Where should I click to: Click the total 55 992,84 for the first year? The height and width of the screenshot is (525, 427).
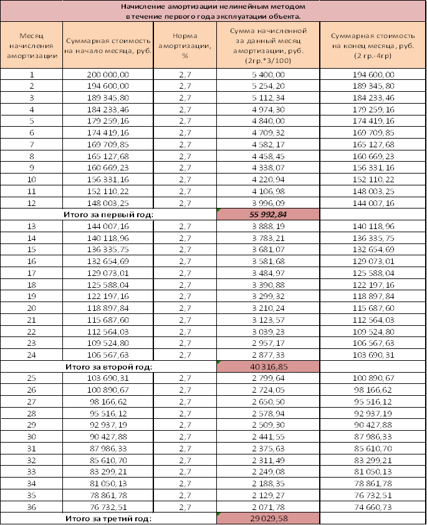click(x=268, y=213)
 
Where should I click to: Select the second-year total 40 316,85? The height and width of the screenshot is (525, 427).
click(x=268, y=366)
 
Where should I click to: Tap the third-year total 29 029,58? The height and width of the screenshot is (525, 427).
click(x=268, y=518)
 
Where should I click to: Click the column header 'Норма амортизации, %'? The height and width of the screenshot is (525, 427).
click(x=185, y=46)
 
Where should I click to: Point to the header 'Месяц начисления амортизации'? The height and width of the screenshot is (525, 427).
click(x=32, y=46)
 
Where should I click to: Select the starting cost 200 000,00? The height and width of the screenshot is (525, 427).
click(x=108, y=74)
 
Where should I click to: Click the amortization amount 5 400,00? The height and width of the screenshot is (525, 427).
click(x=268, y=74)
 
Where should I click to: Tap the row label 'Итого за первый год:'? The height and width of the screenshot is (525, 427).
click(x=108, y=213)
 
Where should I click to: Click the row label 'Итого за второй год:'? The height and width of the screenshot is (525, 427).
click(x=108, y=366)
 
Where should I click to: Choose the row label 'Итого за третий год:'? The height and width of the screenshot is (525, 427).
click(x=108, y=518)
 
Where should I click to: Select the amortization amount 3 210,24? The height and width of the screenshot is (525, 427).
click(x=268, y=308)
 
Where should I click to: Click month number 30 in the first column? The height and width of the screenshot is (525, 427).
click(x=32, y=437)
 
